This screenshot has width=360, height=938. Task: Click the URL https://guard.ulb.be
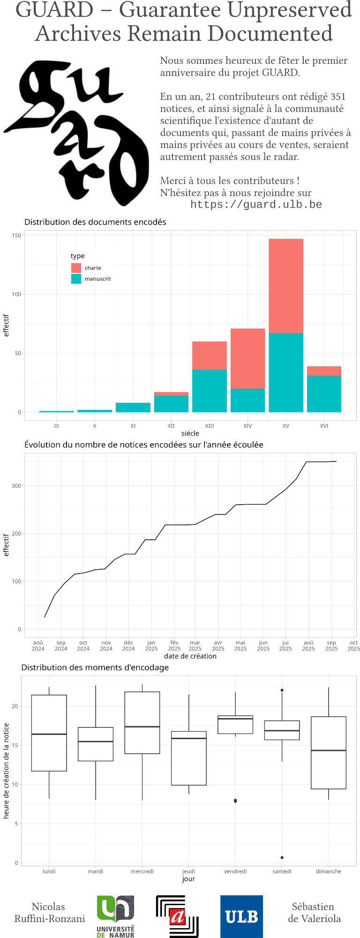point(256,204)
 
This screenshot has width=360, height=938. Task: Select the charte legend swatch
point(76,268)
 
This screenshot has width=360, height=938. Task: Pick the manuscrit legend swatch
point(76,279)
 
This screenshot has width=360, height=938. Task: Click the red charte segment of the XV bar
point(286,286)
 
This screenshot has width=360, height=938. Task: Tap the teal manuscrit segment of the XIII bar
point(210,391)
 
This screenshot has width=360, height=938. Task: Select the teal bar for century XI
point(133,407)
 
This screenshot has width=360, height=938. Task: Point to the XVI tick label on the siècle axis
point(324,426)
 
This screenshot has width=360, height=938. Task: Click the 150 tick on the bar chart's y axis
point(16,235)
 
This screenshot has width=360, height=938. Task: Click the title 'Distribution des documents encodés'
point(95,222)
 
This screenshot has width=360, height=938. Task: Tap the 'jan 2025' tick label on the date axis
point(151,646)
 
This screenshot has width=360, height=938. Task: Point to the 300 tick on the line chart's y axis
point(16,486)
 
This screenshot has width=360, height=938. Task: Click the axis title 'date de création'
point(190,656)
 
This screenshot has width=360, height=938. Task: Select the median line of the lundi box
point(49,734)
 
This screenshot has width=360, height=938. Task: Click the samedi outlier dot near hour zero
point(282,857)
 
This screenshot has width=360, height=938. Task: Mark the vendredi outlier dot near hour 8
point(235,801)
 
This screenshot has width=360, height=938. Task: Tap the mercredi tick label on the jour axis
point(142,871)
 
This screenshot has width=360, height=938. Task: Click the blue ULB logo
point(241,916)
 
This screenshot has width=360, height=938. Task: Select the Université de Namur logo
point(116,916)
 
